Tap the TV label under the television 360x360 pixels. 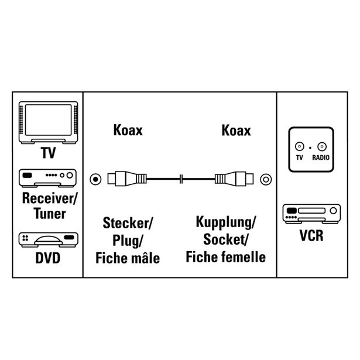[49, 153]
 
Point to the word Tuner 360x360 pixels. [49, 213]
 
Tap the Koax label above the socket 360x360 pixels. [236, 130]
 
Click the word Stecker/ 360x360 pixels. [127, 223]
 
